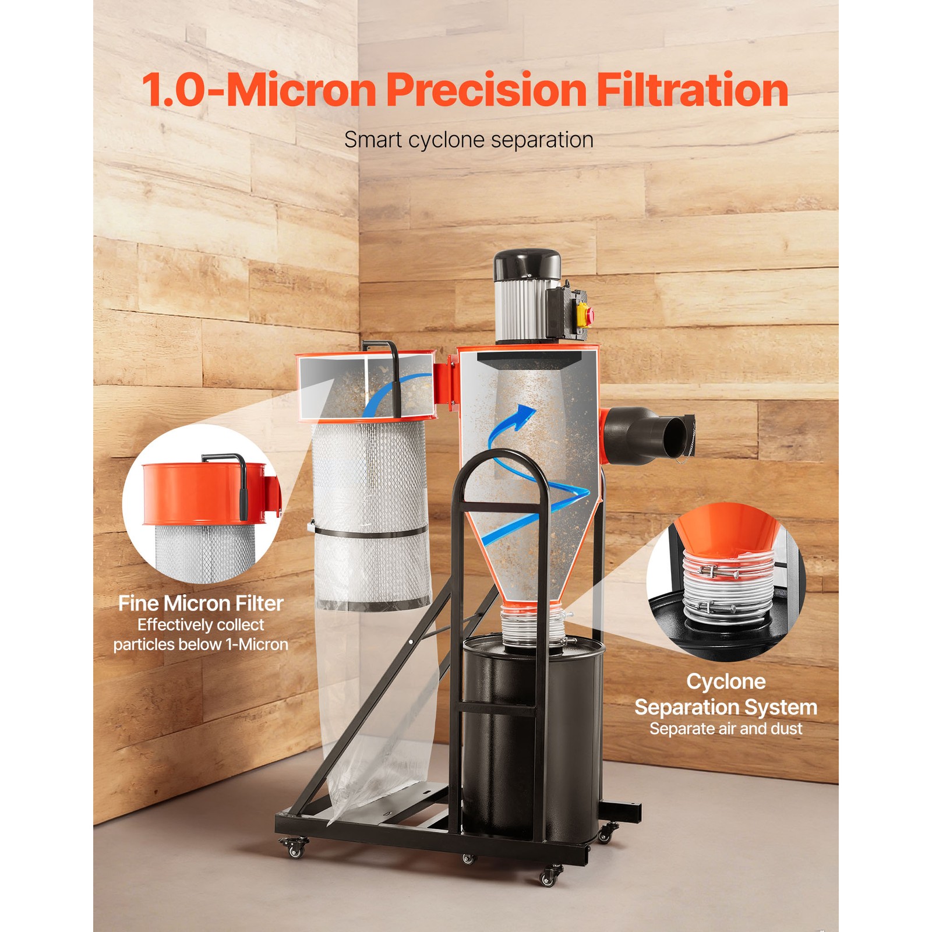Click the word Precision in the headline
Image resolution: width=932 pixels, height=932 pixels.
point(486,90)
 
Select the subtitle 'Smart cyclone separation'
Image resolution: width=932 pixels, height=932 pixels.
point(468,140)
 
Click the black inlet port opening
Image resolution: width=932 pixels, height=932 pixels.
point(676,436)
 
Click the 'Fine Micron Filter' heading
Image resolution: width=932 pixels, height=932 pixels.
point(200,603)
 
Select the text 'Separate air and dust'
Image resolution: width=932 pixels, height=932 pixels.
point(726,729)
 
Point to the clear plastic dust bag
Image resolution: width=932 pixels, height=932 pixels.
point(379,728)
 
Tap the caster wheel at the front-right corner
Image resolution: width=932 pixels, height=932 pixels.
point(548,876)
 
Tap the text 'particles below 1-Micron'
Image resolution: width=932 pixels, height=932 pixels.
point(200,644)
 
